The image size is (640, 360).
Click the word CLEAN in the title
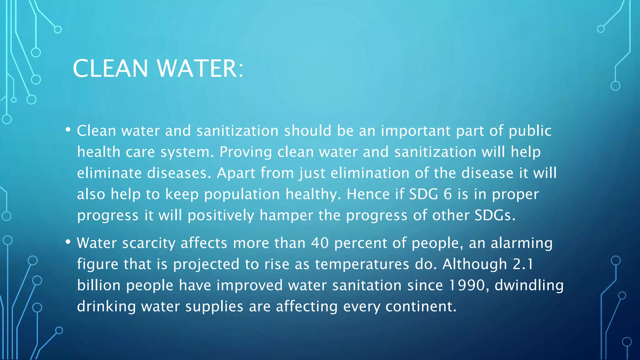click(110, 68)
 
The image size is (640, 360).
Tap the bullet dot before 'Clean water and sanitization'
click(68, 130)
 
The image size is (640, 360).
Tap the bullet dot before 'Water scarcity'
click(68, 242)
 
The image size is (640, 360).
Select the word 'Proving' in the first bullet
click(246, 152)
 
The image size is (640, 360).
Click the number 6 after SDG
click(448, 194)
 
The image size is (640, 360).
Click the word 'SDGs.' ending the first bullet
click(495, 215)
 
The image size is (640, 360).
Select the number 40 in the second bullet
click(320, 243)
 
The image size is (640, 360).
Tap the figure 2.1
click(523, 264)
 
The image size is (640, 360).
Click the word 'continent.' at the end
click(421, 306)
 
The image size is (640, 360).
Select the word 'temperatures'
click(362, 264)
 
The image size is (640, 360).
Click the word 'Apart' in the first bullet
click(236, 173)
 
